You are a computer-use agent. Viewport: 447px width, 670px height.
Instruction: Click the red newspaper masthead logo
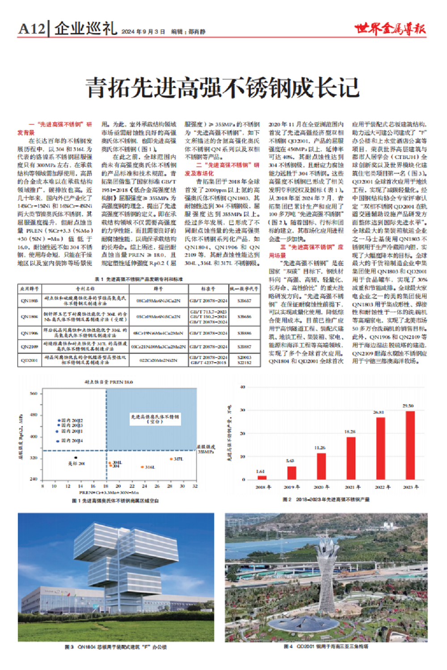[390, 29]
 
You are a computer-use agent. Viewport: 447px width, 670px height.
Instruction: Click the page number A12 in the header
[32, 29]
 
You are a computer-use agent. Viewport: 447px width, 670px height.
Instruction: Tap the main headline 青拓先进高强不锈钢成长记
[222, 88]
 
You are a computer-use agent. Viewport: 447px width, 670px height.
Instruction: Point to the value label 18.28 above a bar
[350, 431]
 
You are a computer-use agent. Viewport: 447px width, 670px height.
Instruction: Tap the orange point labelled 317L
[171, 459]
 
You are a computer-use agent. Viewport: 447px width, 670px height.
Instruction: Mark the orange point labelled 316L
[142, 467]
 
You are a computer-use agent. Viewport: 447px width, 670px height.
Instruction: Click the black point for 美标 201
[76, 458]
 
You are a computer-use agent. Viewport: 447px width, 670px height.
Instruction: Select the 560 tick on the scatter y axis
[34, 394]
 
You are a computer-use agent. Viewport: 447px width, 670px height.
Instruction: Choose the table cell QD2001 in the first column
[29, 360]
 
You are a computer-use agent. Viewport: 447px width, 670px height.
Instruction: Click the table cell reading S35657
[244, 301]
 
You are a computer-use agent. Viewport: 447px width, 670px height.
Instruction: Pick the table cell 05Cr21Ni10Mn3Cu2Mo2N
[159, 347]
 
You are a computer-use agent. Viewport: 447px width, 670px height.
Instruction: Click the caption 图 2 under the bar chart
[326, 499]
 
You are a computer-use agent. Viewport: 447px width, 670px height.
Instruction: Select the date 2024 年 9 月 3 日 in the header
[143, 32]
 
